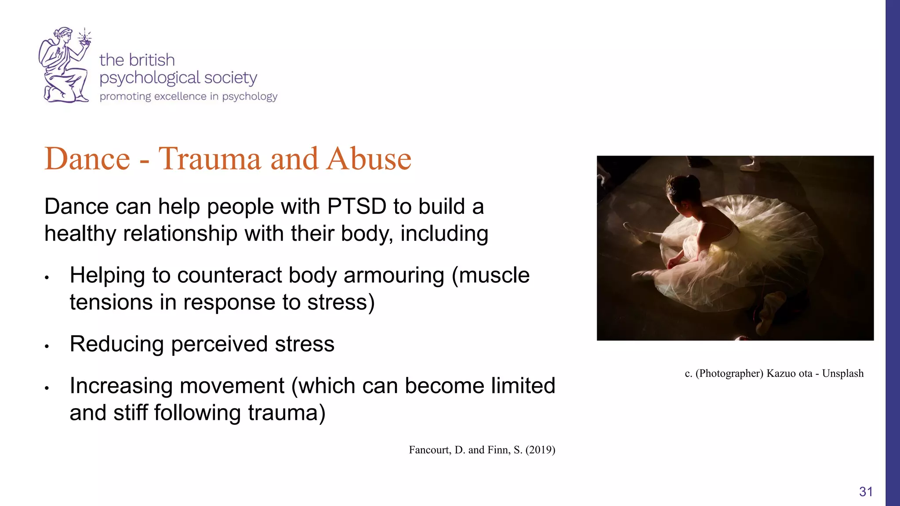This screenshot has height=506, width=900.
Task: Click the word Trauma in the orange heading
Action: [209, 159]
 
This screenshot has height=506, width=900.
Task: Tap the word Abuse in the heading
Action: [368, 159]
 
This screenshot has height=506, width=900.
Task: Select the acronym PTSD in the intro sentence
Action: [356, 206]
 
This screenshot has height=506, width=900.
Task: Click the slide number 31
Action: [866, 492]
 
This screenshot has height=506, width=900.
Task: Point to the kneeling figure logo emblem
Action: [64, 66]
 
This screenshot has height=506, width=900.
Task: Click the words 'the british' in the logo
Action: [137, 60]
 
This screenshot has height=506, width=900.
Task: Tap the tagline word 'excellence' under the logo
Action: [180, 97]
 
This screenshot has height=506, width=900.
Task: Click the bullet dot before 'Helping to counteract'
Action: [47, 278]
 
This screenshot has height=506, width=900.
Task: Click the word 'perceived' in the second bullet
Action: [219, 344]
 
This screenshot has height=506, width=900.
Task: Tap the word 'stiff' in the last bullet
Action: [130, 413]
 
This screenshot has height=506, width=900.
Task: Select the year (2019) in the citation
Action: [540, 450]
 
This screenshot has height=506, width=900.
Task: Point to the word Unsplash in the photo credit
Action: [842, 373]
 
